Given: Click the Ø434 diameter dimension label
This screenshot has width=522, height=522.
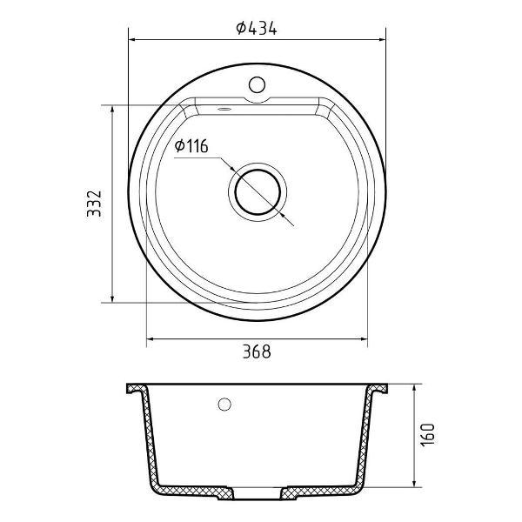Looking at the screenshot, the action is pyautogui.click(x=257, y=28).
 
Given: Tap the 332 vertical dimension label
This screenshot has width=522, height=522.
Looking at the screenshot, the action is pyautogui.click(x=94, y=204).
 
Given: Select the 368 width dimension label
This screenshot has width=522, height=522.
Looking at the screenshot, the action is pyautogui.click(x=257, y=351).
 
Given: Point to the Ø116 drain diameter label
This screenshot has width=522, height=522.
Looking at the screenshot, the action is pyautogui.click(x=191, y=146).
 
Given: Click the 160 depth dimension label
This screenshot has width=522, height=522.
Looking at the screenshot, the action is pyautogui.click(x=427, y=434).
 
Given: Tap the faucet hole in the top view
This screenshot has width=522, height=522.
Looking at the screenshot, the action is pyautogui.click(x=257, y=84).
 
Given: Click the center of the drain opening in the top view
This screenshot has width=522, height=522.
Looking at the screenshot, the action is pyautogui.click(x=258, y=192).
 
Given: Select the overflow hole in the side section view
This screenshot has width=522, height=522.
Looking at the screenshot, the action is pyautogui.click(x=224, y=404).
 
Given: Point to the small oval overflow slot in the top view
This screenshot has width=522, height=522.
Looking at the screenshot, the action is pyautogui.click(x=224, y=108).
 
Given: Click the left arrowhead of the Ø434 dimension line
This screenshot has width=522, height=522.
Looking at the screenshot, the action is pyautogui.click(x=131, y=40).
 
